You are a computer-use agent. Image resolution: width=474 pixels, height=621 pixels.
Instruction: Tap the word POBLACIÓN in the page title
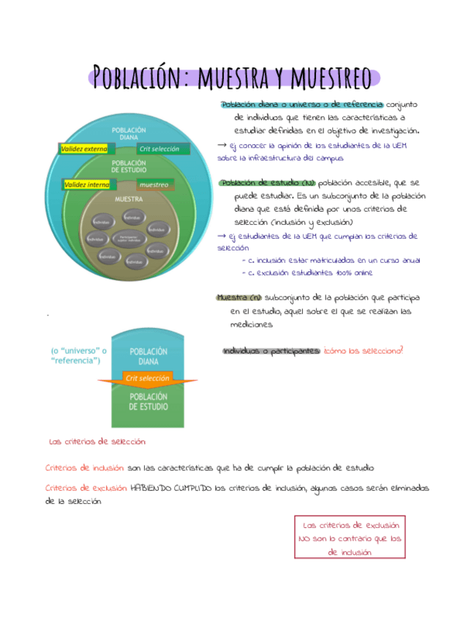click(137, 77)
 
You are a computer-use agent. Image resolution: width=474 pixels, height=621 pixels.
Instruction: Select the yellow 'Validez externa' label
click(83, 149)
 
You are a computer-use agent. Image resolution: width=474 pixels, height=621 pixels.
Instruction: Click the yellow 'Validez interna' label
click(87, 185)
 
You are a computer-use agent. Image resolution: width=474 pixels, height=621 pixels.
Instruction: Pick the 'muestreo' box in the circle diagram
click(154, 185)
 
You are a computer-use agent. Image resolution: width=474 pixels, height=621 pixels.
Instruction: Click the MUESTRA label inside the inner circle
click(129, 199)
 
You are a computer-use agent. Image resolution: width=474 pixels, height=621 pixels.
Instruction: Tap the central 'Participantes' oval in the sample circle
click(128, 238)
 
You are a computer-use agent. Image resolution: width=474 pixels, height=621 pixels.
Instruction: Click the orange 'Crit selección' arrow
click(148, 379)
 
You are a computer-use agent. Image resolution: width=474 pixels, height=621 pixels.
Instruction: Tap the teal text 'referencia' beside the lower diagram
click(75, 361)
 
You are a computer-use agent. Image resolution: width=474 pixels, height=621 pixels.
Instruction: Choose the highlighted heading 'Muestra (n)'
click(239, 297)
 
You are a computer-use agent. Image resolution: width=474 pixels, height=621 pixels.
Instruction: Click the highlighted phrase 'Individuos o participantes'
click(271, 351)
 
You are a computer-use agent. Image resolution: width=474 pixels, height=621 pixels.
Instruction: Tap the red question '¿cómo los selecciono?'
click(364, 351)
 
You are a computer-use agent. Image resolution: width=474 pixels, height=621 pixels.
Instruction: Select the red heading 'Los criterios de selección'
click(97, 442)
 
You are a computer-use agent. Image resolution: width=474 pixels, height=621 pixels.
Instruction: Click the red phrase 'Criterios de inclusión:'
click(84, 467)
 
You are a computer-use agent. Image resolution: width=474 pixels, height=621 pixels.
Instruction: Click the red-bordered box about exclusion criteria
click(350, 538)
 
